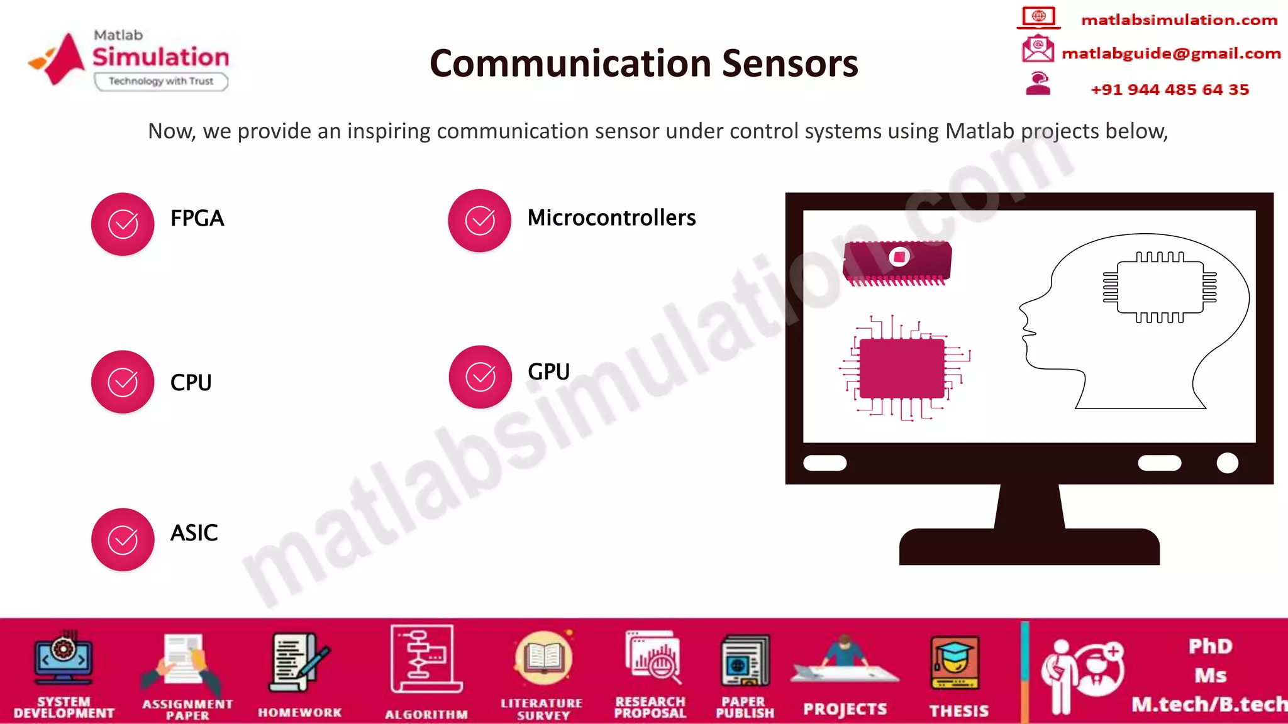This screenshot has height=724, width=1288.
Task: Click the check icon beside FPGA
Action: pyautogui.click(x=123, y=224)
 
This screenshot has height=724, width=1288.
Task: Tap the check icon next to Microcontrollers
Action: pyautogui.click(x=480, y=221)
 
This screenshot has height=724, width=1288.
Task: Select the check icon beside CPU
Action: pyautogui.click(x=123, y=381)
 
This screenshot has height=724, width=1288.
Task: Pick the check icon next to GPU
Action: pyautogui.click(x=480, y=376)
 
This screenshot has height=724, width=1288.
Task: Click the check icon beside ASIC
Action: pyautogui.click(x=123, y=539)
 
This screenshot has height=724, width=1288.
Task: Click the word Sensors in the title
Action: pyautogui.click(x=790, y=63)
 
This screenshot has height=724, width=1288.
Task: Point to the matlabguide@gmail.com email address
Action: pyautogui.click(x=1171, y=53)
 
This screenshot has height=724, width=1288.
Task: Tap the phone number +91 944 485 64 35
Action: pyautogui.click(x=1170, y=89)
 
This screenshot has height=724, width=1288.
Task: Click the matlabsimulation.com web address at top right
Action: pyautogui.click(x=1179, y=20)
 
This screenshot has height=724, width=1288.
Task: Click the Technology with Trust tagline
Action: pyautogui.click(x=161, y=81)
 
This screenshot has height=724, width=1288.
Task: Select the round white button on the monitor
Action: pyautogui.click(x=1227, y=463)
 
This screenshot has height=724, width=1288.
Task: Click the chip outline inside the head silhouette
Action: pyautogui.click(x=1160, y=287)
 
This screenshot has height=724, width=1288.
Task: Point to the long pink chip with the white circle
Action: pyautogui.click(x=897, y=261)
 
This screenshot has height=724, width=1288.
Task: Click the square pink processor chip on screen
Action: pyautogui.click(x=902, y=368)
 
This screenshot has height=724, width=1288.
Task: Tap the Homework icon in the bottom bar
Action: pyautogui.click(x=299, y=663)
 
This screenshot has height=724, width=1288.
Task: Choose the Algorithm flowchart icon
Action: pyautogui.click(x=426, y=659)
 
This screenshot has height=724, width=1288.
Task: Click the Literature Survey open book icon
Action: pyautogui.click(x=543, y=659)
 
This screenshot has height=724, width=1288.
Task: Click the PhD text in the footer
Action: pyautogui.click(x=1210, y=646)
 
